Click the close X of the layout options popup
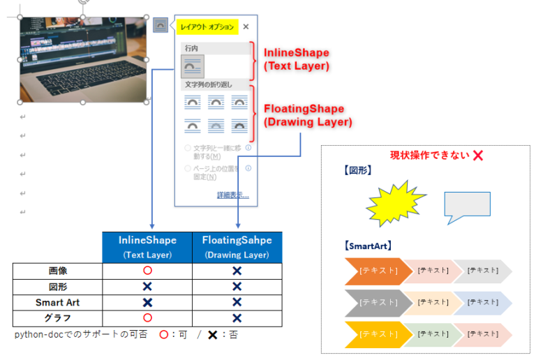tap(246, 27)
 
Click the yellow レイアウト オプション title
tap(207, 27)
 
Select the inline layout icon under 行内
tap(193, 66)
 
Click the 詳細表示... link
tap(232, 195)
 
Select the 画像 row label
tap(58, 271)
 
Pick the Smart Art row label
tap(58, 303)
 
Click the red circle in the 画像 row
tap(147, 271)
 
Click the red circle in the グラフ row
tap(147, 319)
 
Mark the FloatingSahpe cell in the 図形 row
tap(237, 287)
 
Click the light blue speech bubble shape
tap(467, 205)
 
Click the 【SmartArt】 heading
tap(368, 246)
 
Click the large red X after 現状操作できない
tap(478, 155)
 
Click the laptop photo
tap(82, 59)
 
